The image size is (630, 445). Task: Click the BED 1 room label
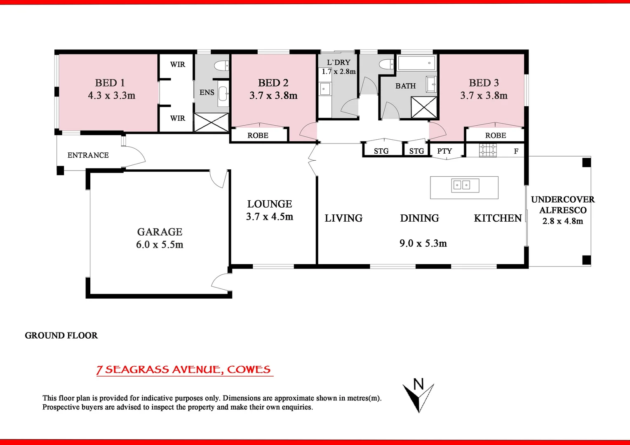(110, 83)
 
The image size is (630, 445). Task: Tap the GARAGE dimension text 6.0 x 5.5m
(160, 245)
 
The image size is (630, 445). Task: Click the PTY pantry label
(444, 151)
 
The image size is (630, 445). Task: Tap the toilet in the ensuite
(221, 66)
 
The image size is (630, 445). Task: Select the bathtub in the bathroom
(416, 63)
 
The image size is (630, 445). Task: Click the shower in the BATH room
(424, 107)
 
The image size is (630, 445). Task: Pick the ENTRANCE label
(88, 155)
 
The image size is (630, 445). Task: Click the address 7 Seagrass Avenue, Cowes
(184, 370)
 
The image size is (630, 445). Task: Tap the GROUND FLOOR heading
(61, 335)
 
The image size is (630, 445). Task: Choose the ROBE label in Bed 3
(495, 136)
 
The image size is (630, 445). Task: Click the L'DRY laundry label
(339, 62)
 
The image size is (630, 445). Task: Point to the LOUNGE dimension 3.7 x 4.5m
(270, 217)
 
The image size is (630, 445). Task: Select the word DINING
(419, 218)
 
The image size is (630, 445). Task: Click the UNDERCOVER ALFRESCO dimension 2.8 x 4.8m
(562, 221)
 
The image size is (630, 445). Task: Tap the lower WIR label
(178, 118)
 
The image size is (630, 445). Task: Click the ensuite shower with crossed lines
(211, 122)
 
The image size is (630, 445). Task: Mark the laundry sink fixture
(325, 89)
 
